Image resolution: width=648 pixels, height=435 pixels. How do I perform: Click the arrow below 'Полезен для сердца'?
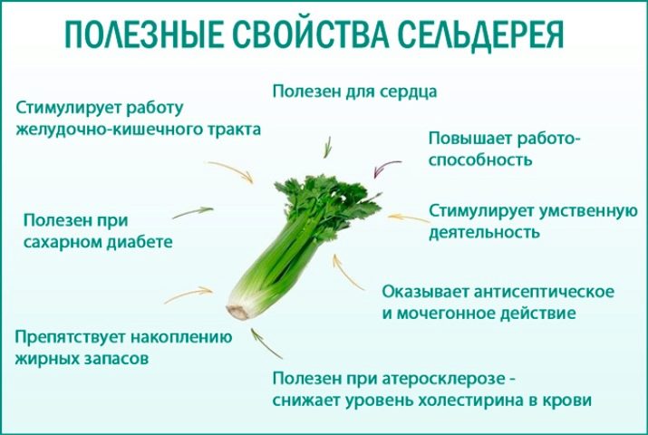[327, 147]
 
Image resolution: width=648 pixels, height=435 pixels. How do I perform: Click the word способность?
[479, 160]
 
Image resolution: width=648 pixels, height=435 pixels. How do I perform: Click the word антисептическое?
[544, 292]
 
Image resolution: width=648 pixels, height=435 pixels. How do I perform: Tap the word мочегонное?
[446, 314]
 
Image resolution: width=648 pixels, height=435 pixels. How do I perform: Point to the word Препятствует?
[70, 337]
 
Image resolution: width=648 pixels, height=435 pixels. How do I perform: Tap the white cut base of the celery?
[237, 312]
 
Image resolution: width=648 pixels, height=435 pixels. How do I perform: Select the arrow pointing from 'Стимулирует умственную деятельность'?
[409, 217]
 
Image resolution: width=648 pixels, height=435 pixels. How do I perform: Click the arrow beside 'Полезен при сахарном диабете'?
[192, 212]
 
